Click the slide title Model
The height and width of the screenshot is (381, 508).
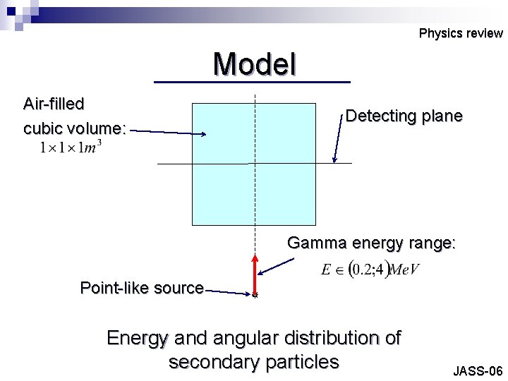click(x=254, y=64)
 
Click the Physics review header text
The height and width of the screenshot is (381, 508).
click(x=460, y=33)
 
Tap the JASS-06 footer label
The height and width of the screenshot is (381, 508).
click(x=478, y=371)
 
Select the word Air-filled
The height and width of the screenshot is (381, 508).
click(x=54, y=104)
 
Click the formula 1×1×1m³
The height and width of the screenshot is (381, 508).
click(x=71, y=148)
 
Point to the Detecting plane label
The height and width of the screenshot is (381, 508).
click(x=404, y=116)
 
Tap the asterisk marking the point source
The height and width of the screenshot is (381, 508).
click(x=255, y=296)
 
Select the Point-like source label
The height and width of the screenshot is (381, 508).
click(x=142, y=288)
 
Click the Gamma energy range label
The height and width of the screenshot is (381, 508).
click(x=371, y=243)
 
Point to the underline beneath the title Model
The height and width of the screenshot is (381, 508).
click(x=252, y=83)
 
